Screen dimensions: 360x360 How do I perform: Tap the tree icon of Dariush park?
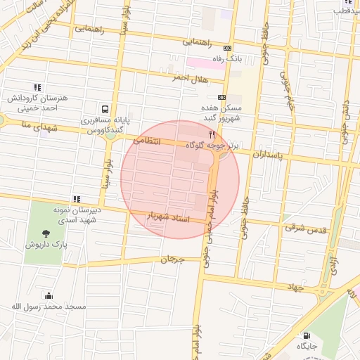pyautogui.click(x=46, y=233)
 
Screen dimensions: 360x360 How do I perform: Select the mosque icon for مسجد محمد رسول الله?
pyautogui.click(x=48, y=295)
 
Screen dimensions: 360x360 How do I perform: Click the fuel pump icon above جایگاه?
pyautogui.click(x=307, y=335)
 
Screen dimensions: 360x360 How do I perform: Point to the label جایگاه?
pyautogui.click(x=307, y=347)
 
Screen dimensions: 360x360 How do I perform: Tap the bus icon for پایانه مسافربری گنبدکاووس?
pyautogui.click(x=104, y=109)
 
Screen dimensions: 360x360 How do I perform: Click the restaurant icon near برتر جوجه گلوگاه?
pyautogui.click(x=211, y=133)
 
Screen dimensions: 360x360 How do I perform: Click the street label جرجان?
pyautogui.click(x=172, y=259)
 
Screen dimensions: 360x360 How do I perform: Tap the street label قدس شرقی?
pyautogui.click(x=302, y=227)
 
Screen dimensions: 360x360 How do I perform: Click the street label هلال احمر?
pyautogui.click(x=191, y=79)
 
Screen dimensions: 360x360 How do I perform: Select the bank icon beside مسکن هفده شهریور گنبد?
pyautogui.click(x=222, y=97)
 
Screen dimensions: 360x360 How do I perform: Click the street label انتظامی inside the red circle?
pyautogui.click(x=147, y=141)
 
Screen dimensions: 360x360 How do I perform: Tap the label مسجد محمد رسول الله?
pyautogui.click(x=48, y=307)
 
